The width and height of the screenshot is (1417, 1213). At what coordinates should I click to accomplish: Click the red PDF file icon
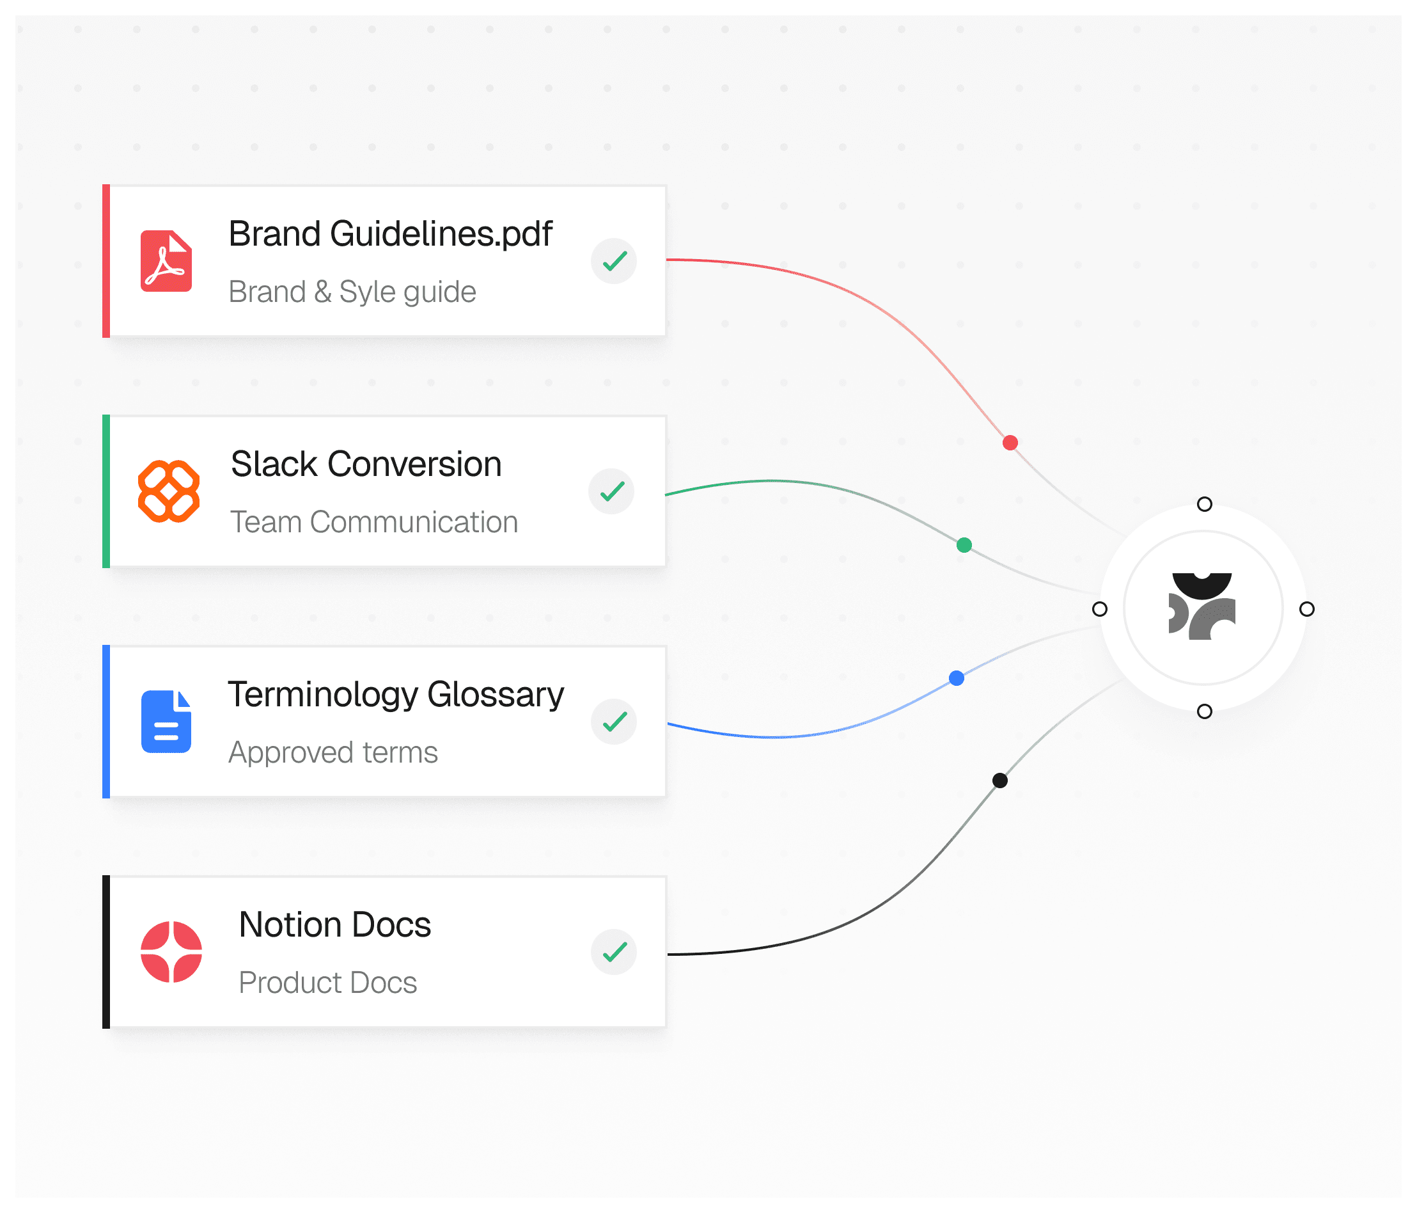[x=166, y=262]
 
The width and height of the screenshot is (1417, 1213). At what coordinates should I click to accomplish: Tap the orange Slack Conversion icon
[x=169, y=491]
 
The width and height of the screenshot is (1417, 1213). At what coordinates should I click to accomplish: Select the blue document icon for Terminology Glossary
[x=166, y=722]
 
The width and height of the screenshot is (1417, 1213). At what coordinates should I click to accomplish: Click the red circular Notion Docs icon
[x=171, y=951]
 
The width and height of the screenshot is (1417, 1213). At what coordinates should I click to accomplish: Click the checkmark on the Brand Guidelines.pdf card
[x=614, y=260]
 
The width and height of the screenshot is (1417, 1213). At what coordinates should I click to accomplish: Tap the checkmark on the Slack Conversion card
[x=611, y=491]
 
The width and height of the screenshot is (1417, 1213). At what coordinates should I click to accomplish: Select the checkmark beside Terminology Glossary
[x=614, y=722]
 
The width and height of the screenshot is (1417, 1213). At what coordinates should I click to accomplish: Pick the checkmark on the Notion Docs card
[x=614, y=951]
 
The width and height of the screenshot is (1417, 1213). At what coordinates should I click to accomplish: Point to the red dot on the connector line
[x=1010, y=443]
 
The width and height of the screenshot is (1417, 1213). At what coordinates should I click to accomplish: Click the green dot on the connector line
[x=964, y=545]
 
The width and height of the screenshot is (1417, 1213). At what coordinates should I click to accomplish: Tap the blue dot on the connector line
[x=957, y=678]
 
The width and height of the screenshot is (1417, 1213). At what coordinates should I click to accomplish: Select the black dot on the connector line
[x=1000, y=780]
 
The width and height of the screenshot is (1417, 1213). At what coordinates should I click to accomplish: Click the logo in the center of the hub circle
[x=1202, y=606]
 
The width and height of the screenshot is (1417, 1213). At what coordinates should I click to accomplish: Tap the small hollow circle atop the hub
[x=1204, y=504]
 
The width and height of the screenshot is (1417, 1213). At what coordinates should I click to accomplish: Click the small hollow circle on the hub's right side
[x=1307, y=609]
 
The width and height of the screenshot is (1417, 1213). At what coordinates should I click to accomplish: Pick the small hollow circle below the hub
[x=1204, y=711]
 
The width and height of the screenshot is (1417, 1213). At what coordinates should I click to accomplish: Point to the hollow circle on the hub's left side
[x=1100, y=609]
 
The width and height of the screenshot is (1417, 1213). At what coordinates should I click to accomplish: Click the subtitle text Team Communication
[x=374, y=522]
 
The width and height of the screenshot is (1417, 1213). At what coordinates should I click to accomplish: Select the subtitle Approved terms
[x=333, y=752]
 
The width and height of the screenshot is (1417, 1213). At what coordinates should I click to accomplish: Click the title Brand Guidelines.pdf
[x=391, y=234]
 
